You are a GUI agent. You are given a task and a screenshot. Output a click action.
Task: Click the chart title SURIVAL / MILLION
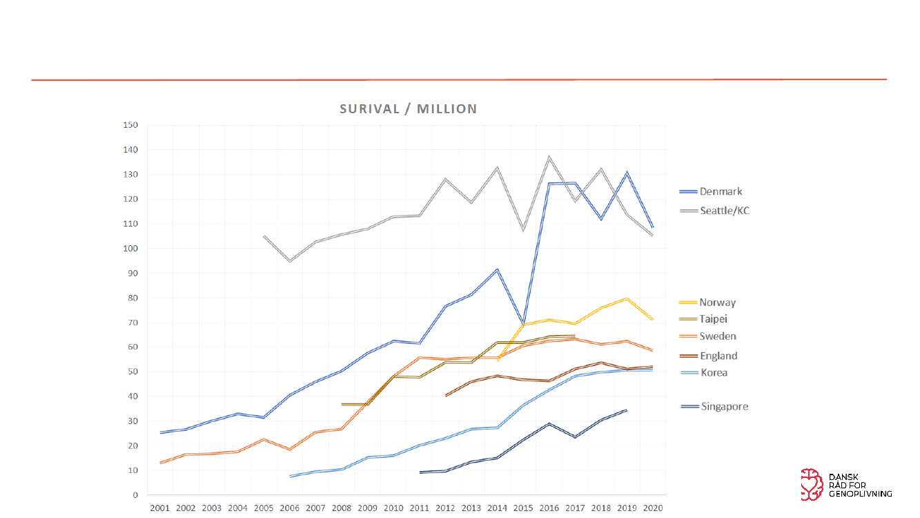pos(408,109)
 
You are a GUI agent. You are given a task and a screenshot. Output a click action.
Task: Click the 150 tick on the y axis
pos(131,125)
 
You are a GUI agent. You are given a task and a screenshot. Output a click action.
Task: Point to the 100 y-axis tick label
pos(131,249)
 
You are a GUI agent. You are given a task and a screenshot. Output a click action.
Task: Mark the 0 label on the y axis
pos(135,495)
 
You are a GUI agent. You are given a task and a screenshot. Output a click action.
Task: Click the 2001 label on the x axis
pos(160,508)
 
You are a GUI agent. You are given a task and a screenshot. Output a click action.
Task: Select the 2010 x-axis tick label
pos(393,508)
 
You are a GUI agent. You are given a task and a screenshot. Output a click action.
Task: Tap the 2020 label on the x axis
pos(653,508)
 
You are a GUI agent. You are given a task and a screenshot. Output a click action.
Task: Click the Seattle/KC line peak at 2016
pos(549,157)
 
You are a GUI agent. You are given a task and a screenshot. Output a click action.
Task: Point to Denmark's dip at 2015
pos(523,323)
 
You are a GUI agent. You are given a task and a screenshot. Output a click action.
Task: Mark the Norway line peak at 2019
pos(627,298)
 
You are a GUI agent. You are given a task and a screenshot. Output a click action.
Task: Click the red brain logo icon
pos(811,485)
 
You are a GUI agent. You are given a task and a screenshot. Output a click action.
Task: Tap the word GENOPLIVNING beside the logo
pos(859,493)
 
